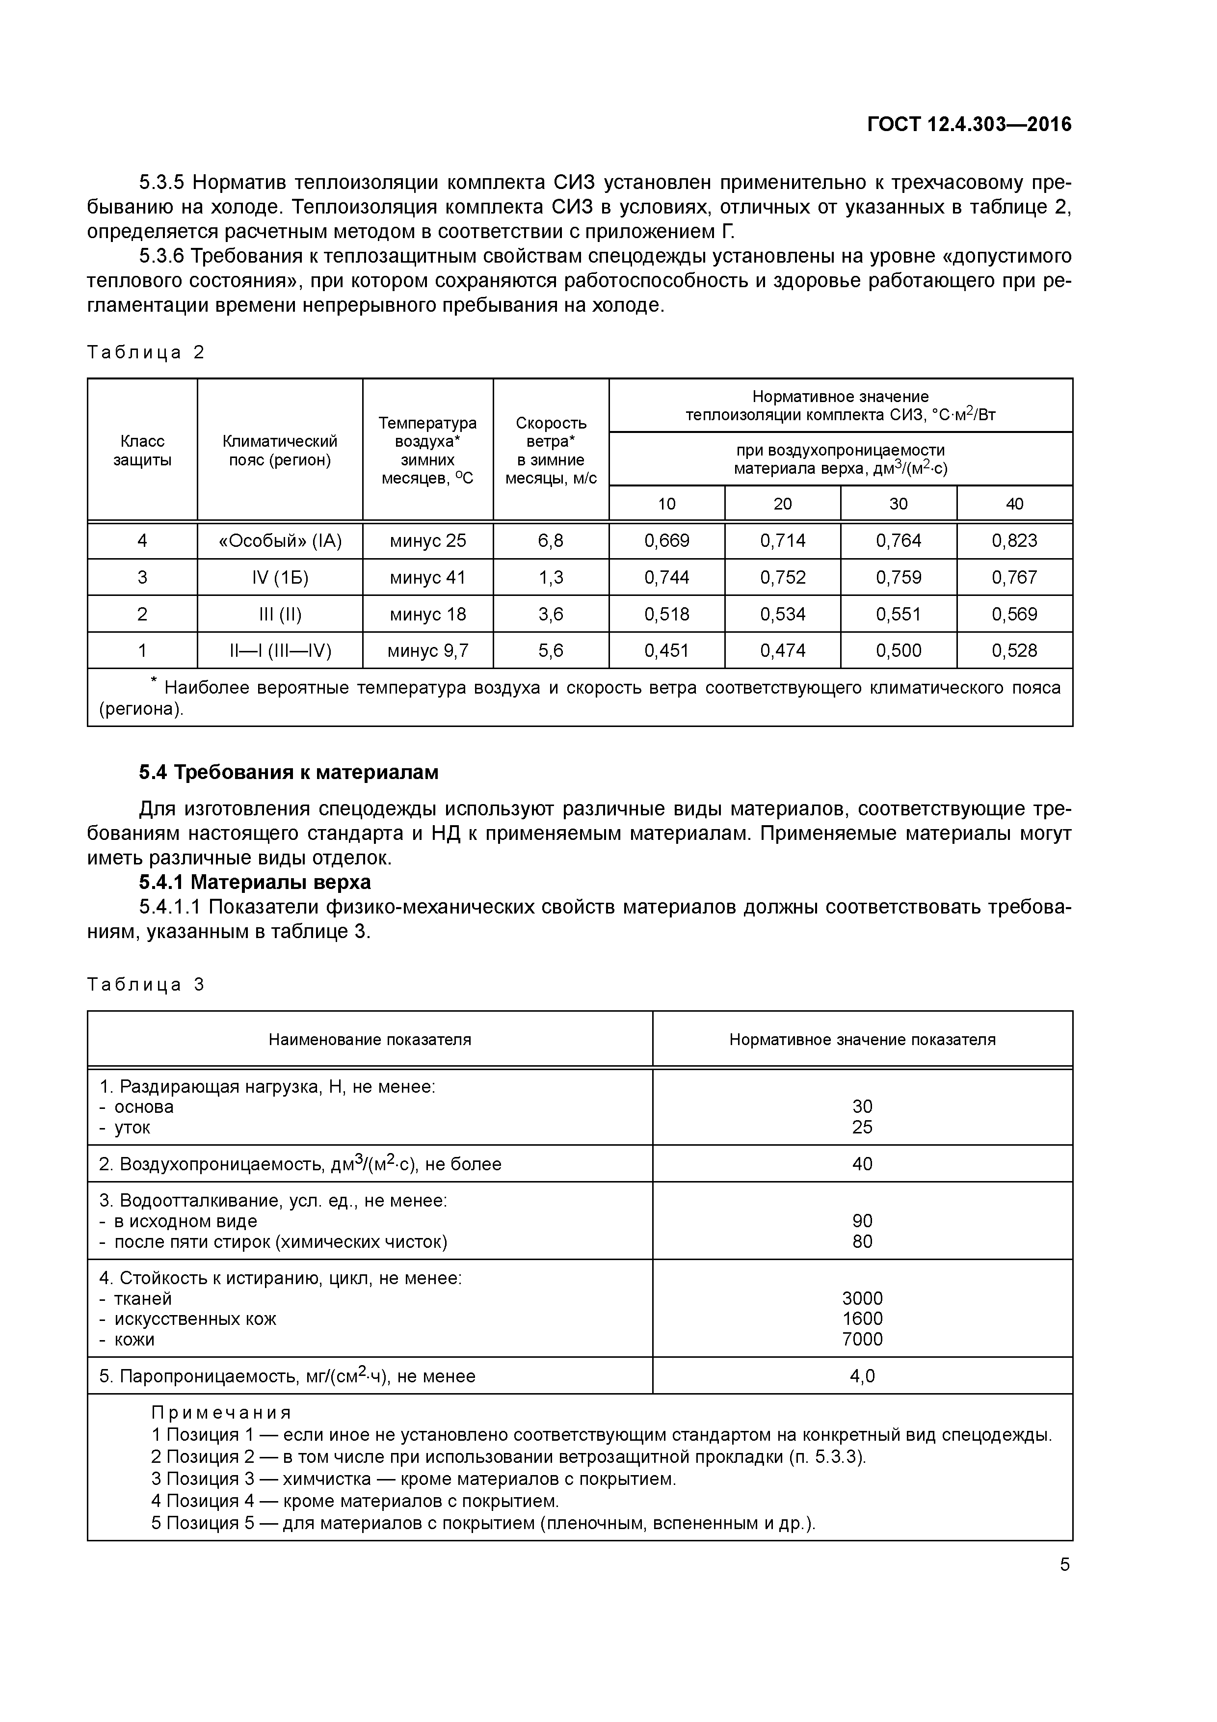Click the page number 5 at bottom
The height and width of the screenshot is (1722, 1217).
pos(1064,1564)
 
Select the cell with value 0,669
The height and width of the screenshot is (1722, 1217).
pos(666,541)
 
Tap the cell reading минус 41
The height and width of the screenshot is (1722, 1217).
pos(427,577)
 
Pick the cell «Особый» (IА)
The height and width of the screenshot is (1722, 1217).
pos(280,541)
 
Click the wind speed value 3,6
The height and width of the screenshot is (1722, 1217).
pos(551,614)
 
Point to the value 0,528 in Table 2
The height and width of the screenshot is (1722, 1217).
pos(1014,650)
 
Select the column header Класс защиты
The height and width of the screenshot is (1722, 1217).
pos(142,450)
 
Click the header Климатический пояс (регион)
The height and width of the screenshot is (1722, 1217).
pos(280,450)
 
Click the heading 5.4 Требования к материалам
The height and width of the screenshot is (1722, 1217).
pos(289,773)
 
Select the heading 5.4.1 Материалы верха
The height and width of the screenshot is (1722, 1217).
pos(255,882)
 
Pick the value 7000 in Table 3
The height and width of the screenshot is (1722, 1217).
pos(862,1339)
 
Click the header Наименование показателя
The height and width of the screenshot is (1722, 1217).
pos(370,1040)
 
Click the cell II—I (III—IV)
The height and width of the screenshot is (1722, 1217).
pos(280,650)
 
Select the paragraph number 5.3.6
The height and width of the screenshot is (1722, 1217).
pos(161,257)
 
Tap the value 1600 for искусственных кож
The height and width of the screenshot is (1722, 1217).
pos(862,1318)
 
